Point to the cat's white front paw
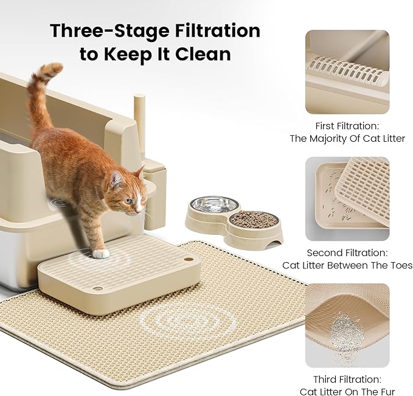(x=102, y=253)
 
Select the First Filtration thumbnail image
(x=347, y=72)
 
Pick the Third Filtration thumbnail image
(x=347, y=325)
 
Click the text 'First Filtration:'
(x=347, y=126)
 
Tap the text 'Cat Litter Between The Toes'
(x=347, y=265)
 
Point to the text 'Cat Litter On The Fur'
(x=347, y=391)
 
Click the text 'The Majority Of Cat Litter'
(x=347, y=139)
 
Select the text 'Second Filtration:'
(x=347, y=252)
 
